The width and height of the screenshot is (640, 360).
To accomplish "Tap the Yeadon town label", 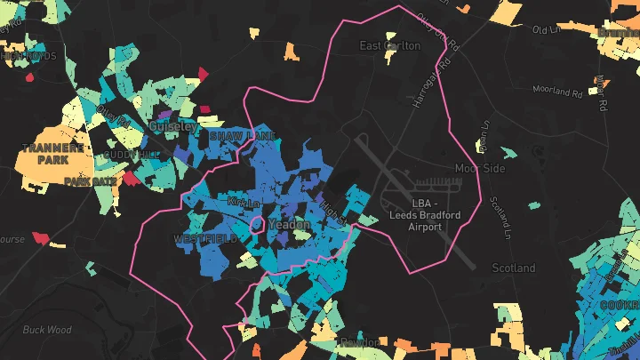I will [x=289, y=225].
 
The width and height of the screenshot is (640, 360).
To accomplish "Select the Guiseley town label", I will [x=172, y=128].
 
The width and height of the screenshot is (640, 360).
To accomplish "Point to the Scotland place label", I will [x=514, y=268].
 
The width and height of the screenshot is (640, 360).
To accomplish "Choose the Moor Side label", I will [x=480, y=168].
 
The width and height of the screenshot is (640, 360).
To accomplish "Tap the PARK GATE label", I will [x=90, y=181].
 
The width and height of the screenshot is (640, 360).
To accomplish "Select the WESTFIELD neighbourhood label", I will [x=205, y=240].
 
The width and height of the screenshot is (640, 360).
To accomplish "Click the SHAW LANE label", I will [x=242, y=136].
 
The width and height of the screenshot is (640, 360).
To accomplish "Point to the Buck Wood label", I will [x=47, y=330].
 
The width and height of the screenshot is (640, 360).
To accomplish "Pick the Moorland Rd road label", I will [x=557, y=90].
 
